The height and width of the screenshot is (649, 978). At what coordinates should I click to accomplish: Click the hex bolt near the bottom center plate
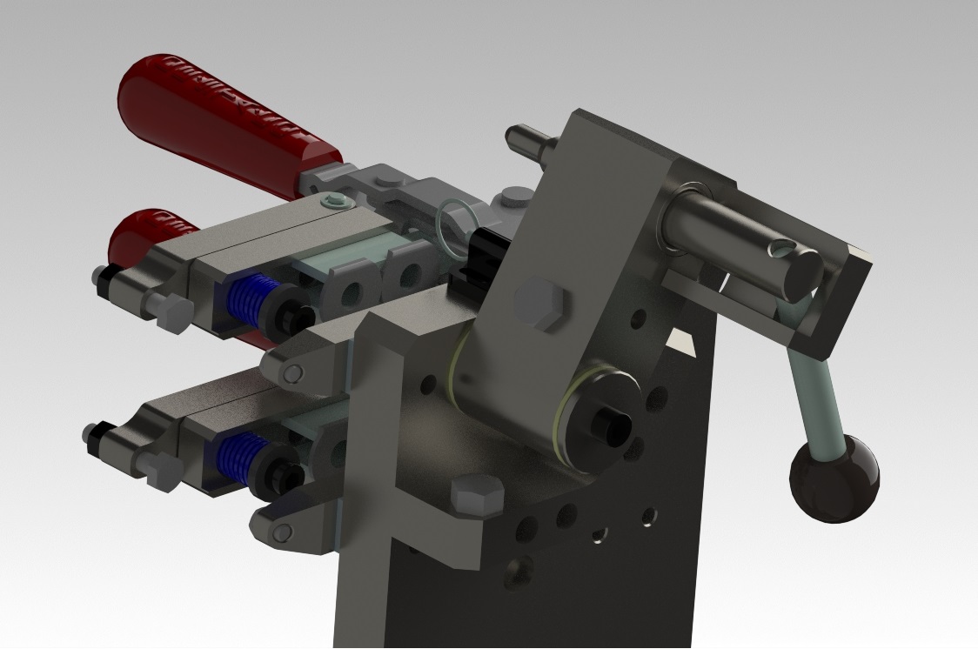click(x=477, y=497)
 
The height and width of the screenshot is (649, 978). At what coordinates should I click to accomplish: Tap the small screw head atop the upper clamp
click(x=334, y=203)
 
